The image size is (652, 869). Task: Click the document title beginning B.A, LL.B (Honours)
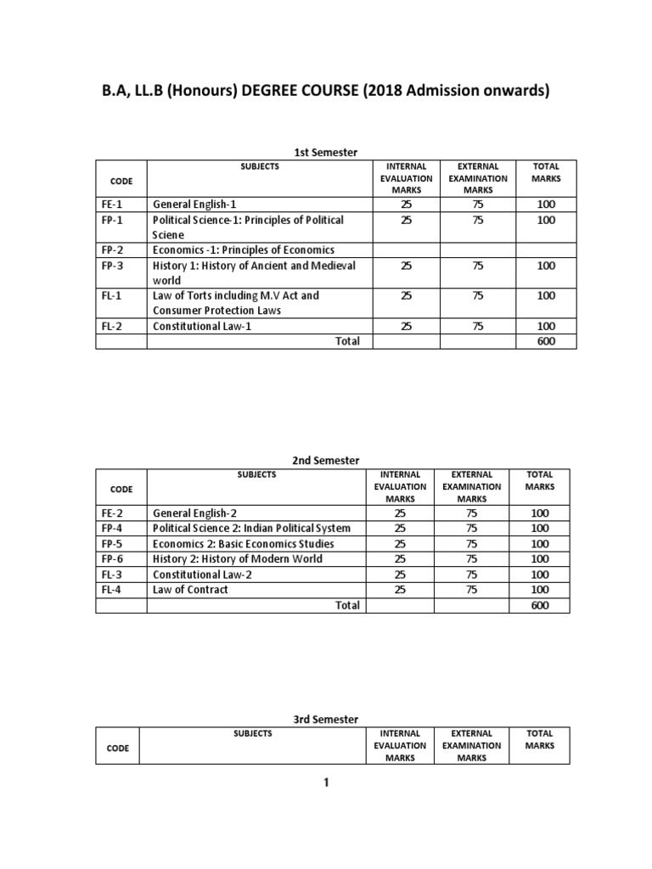click(x=326, y=91)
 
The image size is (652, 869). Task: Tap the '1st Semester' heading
click(x=325, y=152)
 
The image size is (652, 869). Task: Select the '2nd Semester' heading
click(x=325, y=460)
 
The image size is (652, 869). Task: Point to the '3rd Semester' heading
click(x=325, y=719)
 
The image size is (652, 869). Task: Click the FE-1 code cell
click(x=112, y=205)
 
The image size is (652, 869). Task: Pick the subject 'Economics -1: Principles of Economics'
click(x=243, y=250)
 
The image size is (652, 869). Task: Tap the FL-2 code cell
click(x=112, y=326)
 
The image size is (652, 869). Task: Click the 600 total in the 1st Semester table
click(x=546, y=341)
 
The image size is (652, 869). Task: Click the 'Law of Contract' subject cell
click(x=190, y=590)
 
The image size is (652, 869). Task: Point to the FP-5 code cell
click(x=112, y=544)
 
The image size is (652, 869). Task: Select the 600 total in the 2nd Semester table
click(x=540, y=605)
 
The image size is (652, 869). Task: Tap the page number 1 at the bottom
click(x=325, y=783)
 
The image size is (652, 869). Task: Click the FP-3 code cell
click(x=112, y=266)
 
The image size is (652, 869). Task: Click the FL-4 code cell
click(x=112, y=590)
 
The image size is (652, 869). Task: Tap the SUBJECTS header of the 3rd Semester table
click(x=252, y=733)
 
